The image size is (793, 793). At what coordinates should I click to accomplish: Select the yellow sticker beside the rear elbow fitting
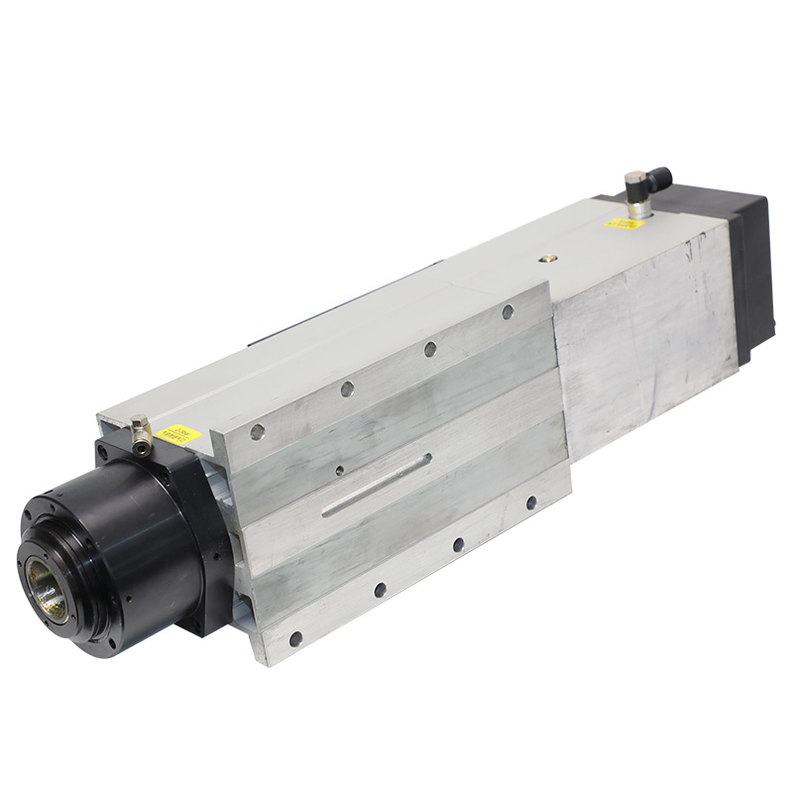point(623,222)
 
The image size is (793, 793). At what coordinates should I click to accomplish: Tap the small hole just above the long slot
point(340,471)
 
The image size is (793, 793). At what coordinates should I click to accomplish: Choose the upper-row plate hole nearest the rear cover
point(508,311)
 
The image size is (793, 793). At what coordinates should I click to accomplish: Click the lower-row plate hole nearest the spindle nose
point(294,637)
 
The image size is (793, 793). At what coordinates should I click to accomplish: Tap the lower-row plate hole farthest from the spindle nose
point(531,503)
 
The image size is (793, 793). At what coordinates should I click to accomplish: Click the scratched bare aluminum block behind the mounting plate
point(644,317)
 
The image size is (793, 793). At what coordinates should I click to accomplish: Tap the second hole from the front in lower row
point(380,590)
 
